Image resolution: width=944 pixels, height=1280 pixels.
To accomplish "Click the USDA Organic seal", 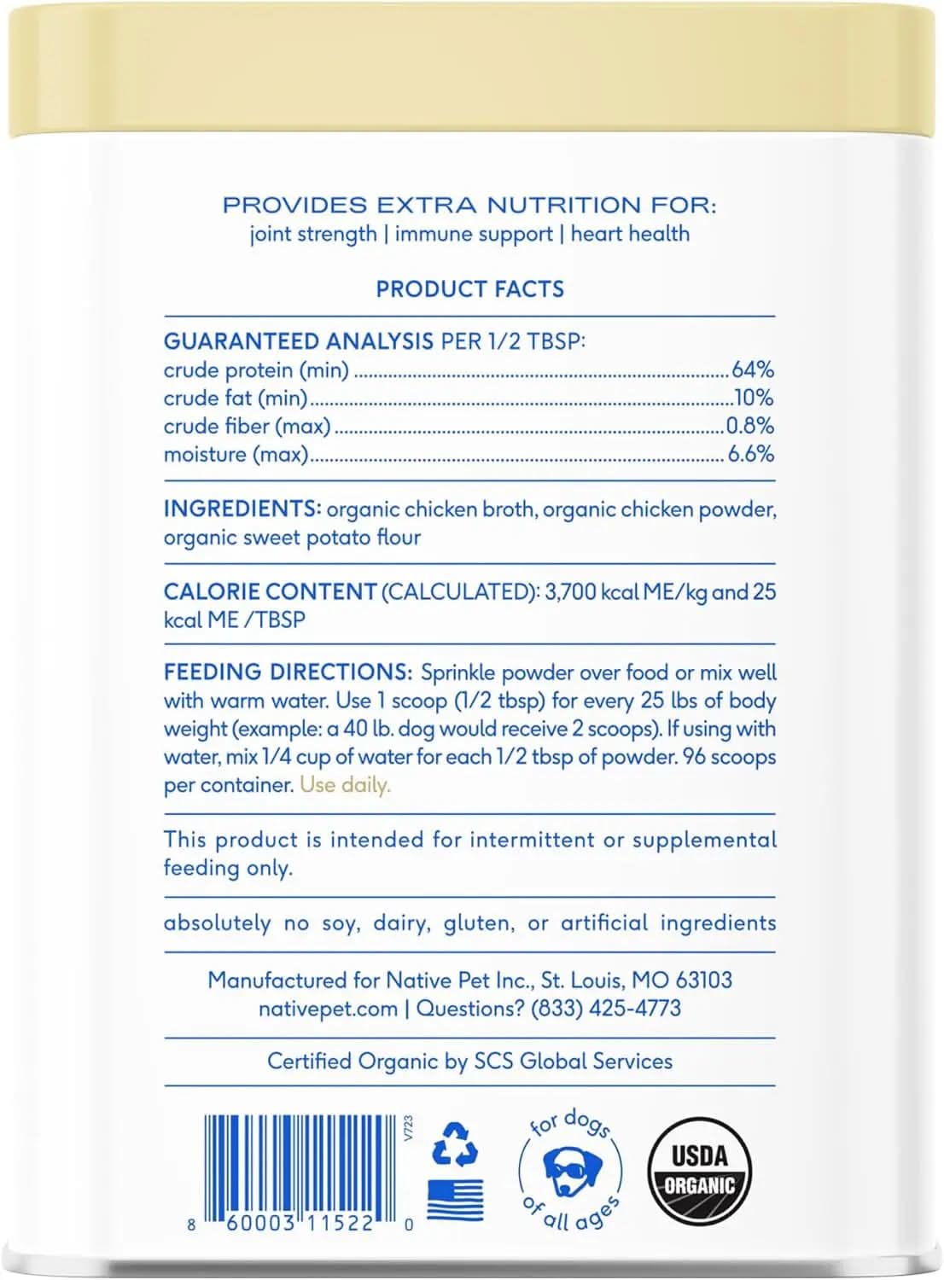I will tap(699, 1171).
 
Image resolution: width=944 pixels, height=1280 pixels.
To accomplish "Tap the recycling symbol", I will tap(454, 1144).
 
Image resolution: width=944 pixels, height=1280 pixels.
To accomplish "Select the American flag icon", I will tap(455, 1200).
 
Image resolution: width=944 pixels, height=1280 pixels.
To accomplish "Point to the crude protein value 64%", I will tap(752, 370).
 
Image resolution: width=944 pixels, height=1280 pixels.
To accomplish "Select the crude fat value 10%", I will tap(754, 399).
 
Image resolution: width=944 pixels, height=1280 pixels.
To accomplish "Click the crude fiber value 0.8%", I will tap(749, 426).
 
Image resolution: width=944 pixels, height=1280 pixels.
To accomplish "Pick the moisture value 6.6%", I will tap(750, 454).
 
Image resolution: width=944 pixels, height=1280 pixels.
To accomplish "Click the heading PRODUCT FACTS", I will tap(470, 289).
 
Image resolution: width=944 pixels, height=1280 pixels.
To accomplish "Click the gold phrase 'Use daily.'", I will tap(345, 785).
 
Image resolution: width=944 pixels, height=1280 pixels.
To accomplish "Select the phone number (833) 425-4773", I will tap(606, 1009).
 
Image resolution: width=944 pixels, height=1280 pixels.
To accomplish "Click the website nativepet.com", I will tap(328, 1009).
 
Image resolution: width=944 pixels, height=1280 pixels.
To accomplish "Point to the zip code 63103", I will tap(704, 980).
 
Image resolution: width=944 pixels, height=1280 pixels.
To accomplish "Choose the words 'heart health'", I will tap(630, 234).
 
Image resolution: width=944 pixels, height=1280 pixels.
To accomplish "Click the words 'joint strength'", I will tap(313, 234).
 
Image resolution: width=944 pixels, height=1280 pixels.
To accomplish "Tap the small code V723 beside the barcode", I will tap(408, 1128).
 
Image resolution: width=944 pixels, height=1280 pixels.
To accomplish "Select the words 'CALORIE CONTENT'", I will tap(270, 592).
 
